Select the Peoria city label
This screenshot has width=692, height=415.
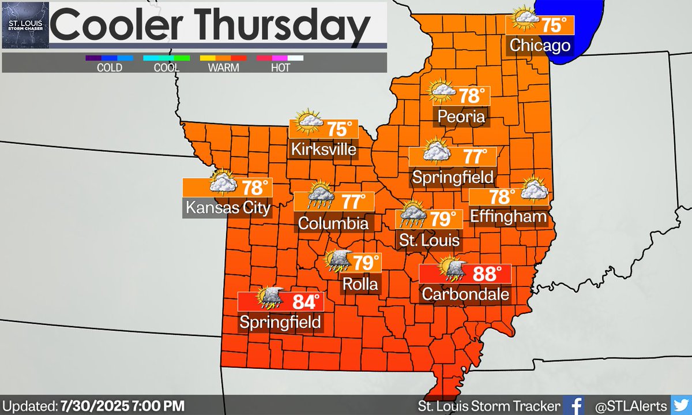[460, 117]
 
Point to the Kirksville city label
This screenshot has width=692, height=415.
[324, 149]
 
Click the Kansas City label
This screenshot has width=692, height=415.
[227, 207]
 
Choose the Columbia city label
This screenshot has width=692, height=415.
[333, 223]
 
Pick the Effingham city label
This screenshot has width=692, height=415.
[508, 216]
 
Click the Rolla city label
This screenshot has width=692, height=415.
[360, 283]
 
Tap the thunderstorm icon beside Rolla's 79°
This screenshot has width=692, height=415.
[338, 261]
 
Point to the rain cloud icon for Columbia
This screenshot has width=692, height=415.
[319, 196]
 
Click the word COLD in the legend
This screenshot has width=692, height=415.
[109, 68]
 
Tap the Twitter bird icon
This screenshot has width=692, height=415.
[680, 405]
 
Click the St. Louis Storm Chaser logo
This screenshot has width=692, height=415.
[25, 24]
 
